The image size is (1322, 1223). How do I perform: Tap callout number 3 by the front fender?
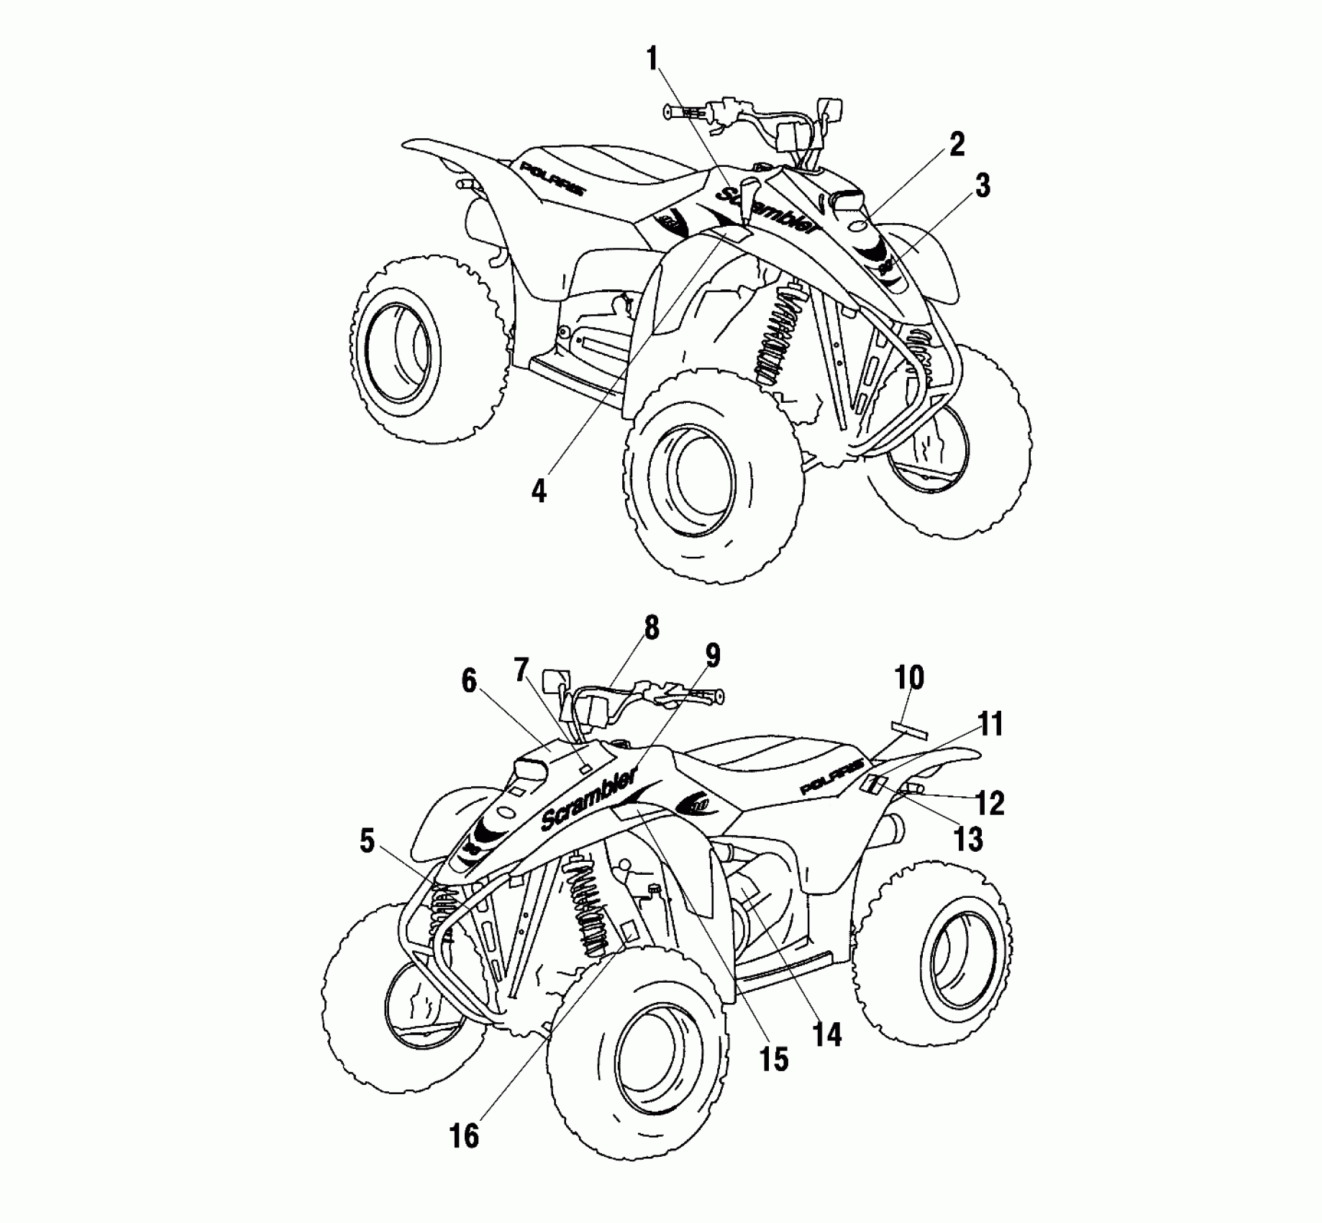click(x=982, y=186)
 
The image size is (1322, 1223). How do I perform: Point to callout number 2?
click(x=956, y=145)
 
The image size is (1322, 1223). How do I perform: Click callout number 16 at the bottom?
click(x=464, y=1136)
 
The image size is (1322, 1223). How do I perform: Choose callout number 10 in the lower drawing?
click(x=909, y=677)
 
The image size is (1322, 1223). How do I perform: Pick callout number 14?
click(x=826, y=1034)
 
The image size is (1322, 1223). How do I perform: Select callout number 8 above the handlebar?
click(x=651, y=627)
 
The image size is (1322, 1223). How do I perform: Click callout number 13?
click(x=967, y=839)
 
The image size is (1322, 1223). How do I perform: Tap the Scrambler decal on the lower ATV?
click(x=590, y=798)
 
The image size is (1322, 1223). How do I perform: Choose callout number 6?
click(x=469, y=681)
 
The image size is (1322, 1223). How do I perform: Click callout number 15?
click(x=775, y=1059)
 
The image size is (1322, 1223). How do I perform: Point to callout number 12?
click(x=990, y=804)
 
